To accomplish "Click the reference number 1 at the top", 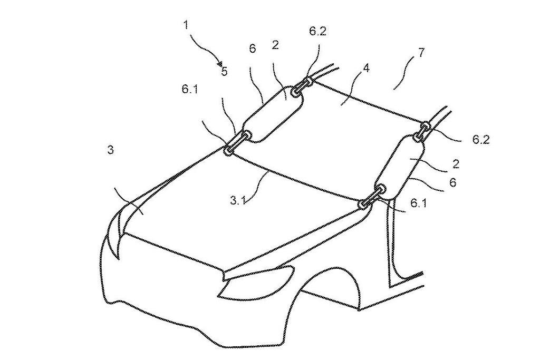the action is tap(186, 25).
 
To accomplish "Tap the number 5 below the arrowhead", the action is tap(225, 72).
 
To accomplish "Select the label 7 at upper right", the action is tap(421, 53).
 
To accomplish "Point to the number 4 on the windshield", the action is tap(367, 68).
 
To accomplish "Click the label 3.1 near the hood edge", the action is tap(238, 200).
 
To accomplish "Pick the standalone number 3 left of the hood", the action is tap(111, 150).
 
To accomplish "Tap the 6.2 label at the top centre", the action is tap(317, 31).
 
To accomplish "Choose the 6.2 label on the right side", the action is tap(481, 139).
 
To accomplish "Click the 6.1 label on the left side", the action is tap(190, 90).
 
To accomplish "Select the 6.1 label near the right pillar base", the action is tap(418, 203).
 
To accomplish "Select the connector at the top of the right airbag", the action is tap(423, 131).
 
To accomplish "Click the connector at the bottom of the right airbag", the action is tap(371, 197).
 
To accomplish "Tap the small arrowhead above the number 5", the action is tap(219, 63).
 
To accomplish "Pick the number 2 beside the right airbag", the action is tap(456, 164).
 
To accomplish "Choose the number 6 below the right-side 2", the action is tap(453, 182).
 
